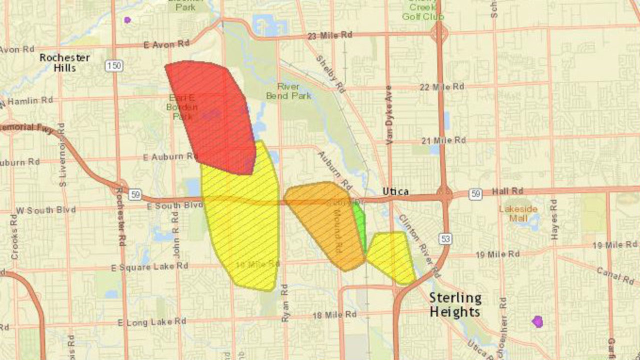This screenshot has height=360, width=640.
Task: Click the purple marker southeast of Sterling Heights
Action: pyautogui.click(x=537, y=321)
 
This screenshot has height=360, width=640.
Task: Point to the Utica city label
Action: pyautogui.click(x=395, y=191)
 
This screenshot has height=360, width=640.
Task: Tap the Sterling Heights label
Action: pyautogui.click(x=455, y=305)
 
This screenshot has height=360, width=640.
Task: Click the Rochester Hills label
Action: pyautogui.click(x=64, y=62)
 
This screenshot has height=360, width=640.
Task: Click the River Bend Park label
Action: pyautogui.click(x=289, y=90)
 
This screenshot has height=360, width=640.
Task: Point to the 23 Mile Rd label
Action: pyautogui.click(x=330, y=35)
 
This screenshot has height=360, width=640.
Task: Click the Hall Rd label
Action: pyautogui.click(x=506, y=191)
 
